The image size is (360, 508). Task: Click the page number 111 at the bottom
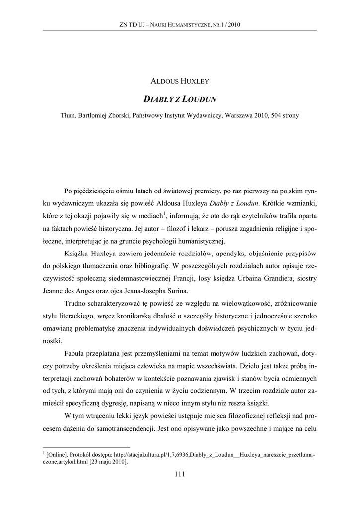[180, 474]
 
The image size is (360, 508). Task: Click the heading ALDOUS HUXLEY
[180, 79]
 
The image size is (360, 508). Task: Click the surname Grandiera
[273, 279]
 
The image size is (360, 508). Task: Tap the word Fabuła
[76, 352]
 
